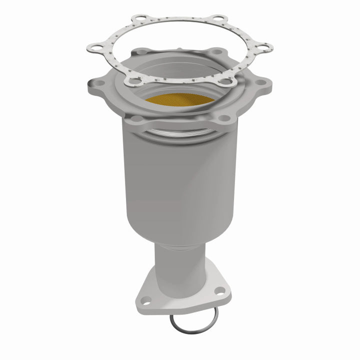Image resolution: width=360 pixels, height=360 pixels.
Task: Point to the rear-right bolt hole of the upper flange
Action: coord(216,51)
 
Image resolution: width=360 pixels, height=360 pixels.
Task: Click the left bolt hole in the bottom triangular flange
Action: coord(146,300)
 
